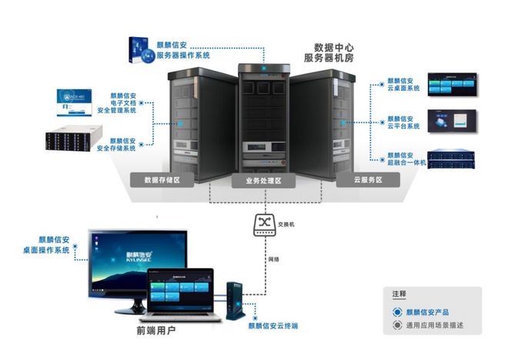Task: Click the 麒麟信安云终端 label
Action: pyautogui.click(x=272, y=326)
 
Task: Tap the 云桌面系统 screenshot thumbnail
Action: pyautogui.click(x=454, y=83)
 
